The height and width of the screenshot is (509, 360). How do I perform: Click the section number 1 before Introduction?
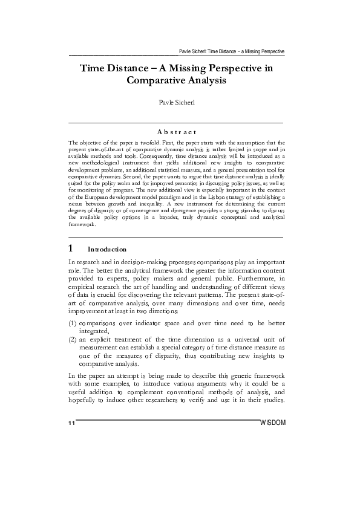click(x=71, y=248)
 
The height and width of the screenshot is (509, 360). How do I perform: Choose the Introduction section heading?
click(x=107, y=249)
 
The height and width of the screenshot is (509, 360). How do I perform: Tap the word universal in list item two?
click(x=232, y=340)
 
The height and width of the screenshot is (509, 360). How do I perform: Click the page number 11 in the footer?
click(x=71, y=422)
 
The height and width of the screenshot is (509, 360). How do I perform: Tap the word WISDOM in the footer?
click(x=272, y=421)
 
